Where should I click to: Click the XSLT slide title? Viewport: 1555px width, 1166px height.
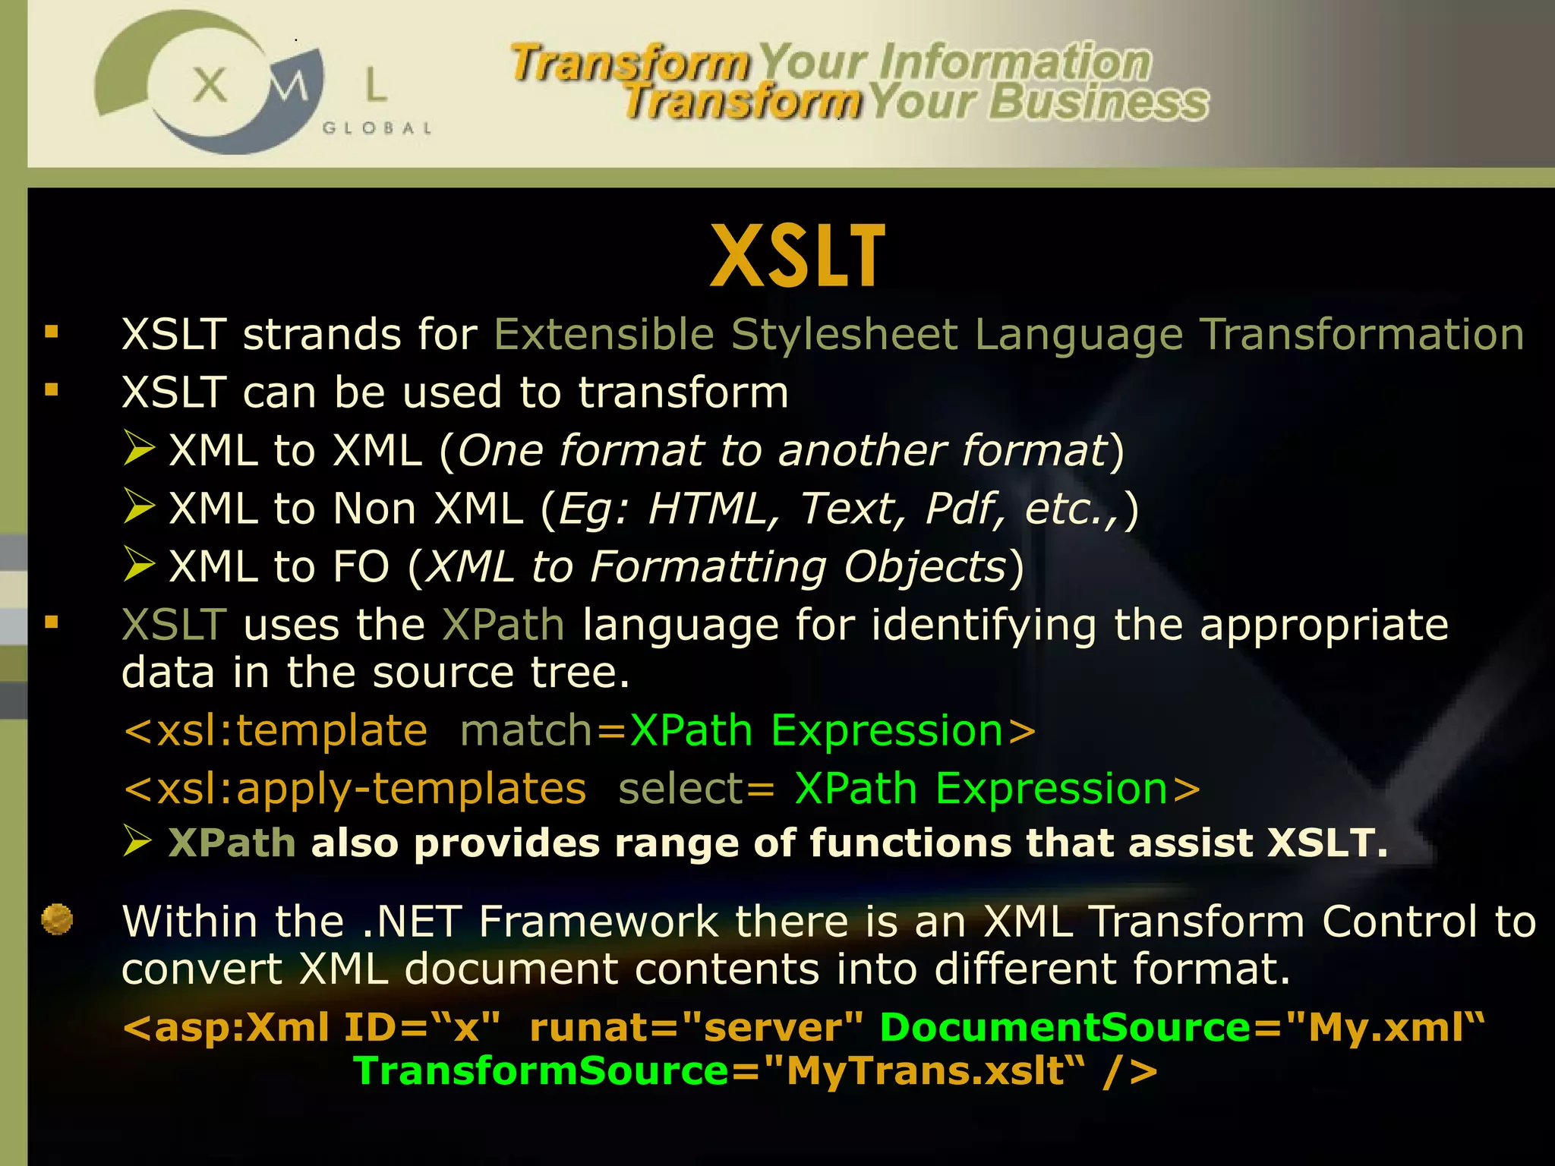tap(797, 257)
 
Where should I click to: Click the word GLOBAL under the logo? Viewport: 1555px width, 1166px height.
tap(377, 128)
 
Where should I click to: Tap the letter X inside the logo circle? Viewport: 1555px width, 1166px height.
tap(210, 84)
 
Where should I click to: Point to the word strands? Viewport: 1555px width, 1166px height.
tap(322, 335)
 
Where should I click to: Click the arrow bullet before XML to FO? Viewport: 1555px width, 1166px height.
tap(140, 565)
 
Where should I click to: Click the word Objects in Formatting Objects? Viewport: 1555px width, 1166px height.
tap(925, 567)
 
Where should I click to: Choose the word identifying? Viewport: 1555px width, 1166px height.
tap(983, 626)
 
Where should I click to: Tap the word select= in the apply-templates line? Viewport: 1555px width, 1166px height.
tap(695, 789)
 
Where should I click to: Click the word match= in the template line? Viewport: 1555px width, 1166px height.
tap(544, 731)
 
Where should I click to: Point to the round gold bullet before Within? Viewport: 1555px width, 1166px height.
tap(57, 919)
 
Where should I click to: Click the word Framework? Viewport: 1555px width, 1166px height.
tap(598, 922)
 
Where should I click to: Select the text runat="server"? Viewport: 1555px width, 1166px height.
tap(695, 1028)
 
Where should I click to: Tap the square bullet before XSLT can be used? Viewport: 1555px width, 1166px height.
tap(52, 390)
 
